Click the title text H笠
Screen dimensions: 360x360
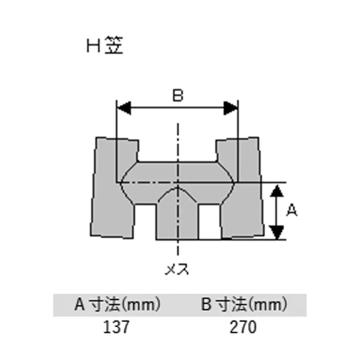point(105,46)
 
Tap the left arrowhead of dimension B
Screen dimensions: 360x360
point(124,108)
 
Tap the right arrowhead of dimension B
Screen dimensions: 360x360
point(231,108)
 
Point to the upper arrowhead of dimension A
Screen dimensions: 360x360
point(276,191)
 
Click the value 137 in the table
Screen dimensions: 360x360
point(117,327)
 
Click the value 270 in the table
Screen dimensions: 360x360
point(243,327)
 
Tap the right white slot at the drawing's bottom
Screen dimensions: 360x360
point(210,222)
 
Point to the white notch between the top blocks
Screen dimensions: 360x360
point(177,149)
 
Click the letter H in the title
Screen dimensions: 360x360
point(92,46)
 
